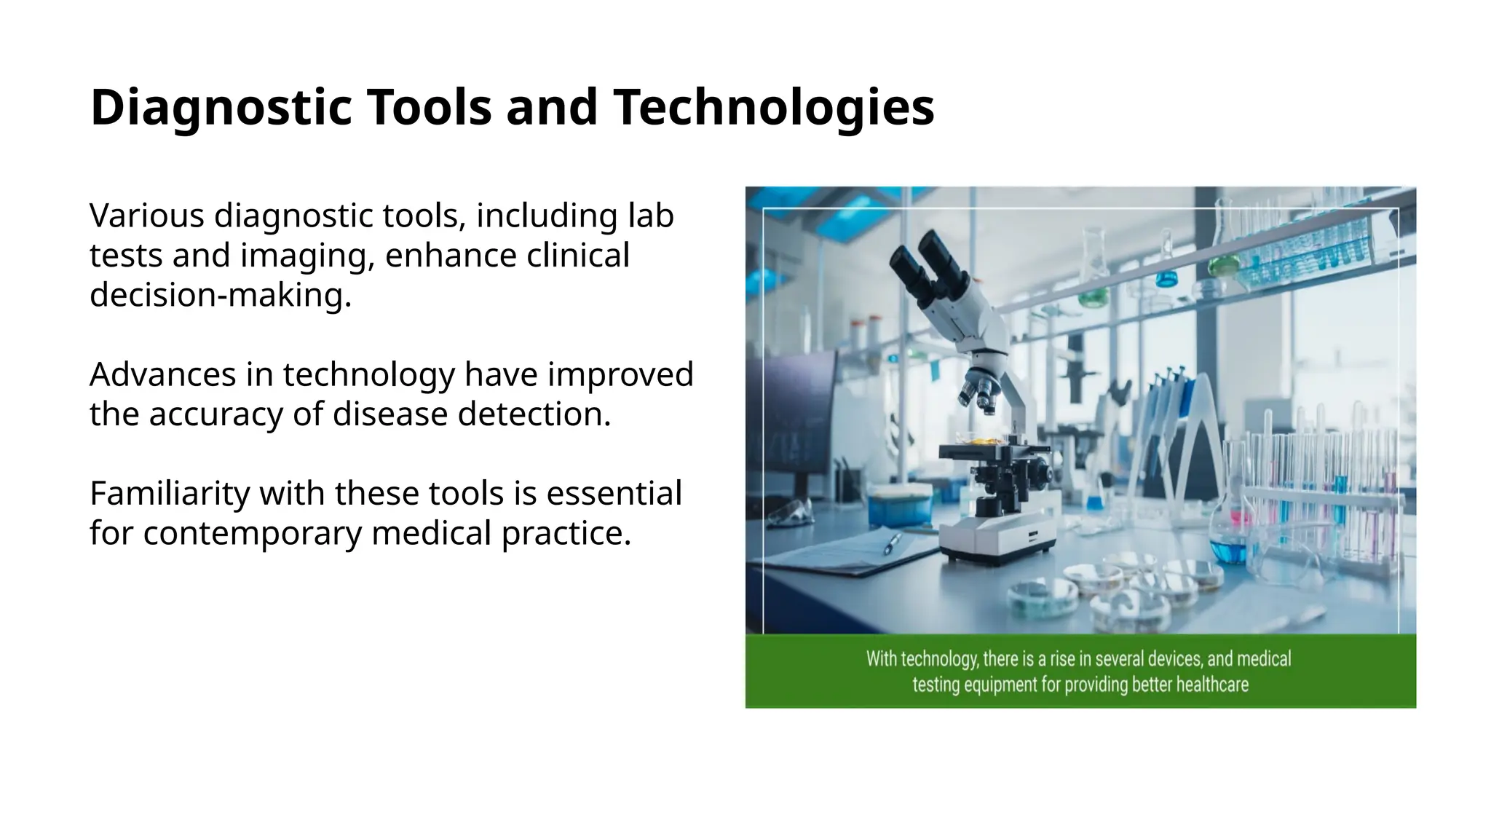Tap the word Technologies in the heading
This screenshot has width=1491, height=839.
(773, 108)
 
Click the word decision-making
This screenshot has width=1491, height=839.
(220, 295)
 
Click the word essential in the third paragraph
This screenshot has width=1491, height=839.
(614, 494)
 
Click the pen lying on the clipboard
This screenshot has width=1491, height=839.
(892, 543)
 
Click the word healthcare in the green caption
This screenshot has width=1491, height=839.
(1212, 685)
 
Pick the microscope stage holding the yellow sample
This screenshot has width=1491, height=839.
(990, 448)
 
